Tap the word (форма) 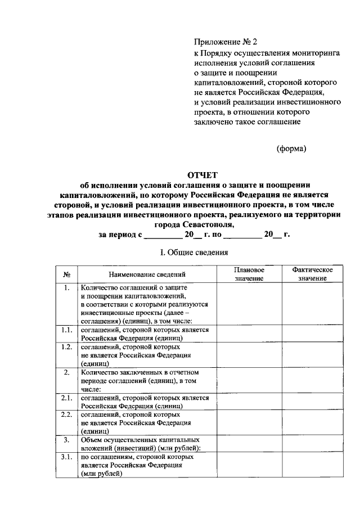(291, 148)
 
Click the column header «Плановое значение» (249, 274)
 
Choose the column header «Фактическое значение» (312, 274)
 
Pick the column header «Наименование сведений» (147, 274)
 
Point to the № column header (66, 274)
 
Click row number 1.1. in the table (66, 330)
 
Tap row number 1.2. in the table (66, 347)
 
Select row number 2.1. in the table (66, 398)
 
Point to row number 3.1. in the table (66, 457)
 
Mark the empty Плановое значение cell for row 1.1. (249, 334)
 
